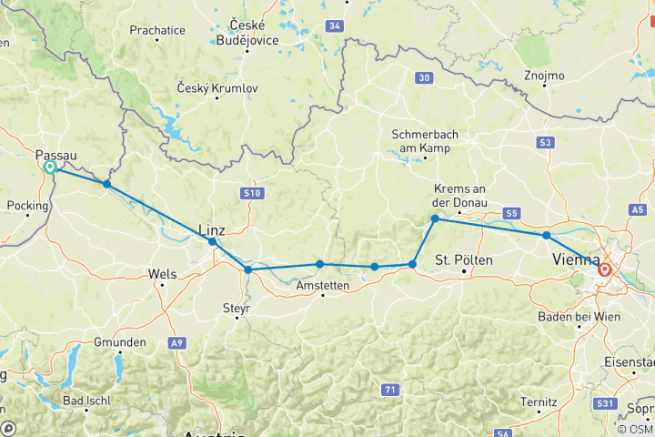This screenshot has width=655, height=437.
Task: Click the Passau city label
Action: tap(56, 156)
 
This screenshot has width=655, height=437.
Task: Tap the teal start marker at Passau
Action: tap(50, 168)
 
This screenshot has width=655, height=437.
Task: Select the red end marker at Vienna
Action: tap(605, 269)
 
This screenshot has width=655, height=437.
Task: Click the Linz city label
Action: tap(210, 229)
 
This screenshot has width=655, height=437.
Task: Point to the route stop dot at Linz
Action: tap(212, 241)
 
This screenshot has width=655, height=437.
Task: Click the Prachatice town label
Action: tap(157, 30)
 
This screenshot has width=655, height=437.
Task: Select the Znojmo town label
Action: tap(545, 76)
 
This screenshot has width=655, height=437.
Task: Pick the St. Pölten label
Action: tap(464, 260)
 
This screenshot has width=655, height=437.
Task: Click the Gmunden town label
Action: tap(120, 342)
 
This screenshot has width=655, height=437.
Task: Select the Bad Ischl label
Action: tap(87, 401)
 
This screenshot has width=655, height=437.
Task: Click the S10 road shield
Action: tap(252, 193)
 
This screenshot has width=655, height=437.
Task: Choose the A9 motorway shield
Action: tap(176, 344)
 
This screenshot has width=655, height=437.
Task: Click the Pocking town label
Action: tap(27, 206)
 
